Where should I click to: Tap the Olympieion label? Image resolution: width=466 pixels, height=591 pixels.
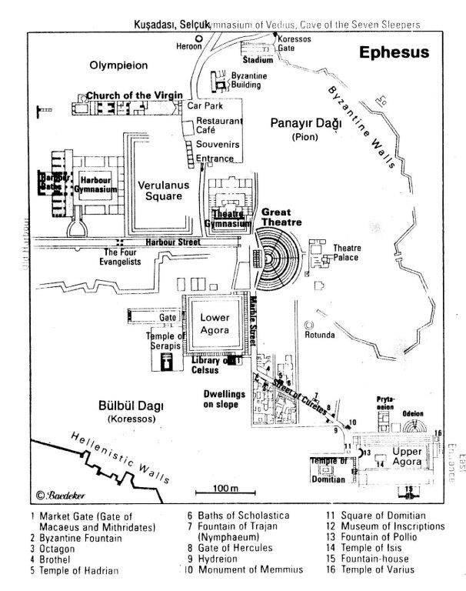(x=118, y=64)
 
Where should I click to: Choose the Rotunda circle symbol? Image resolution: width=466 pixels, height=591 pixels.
(x=311, y=326)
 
